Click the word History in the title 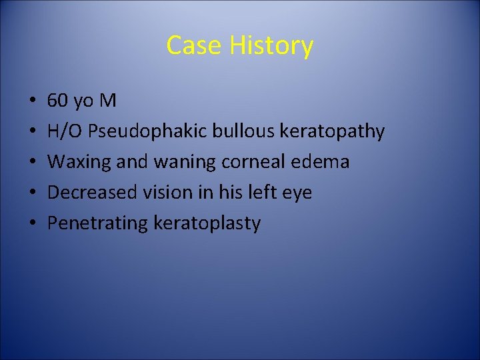(271, 45)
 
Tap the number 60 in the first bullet (58, 101)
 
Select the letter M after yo (107, 101)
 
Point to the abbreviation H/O (65, 131)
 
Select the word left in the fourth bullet (265, 192)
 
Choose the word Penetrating (97, 223)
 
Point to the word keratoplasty (207, 223)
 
